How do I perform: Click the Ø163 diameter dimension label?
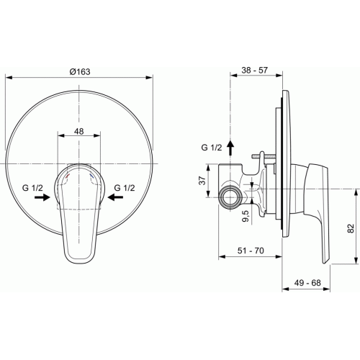80,71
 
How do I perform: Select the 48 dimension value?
78,131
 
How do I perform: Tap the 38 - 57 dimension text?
254,70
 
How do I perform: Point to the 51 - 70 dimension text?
251,251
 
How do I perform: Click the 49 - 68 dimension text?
307,283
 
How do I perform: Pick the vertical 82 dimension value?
351,228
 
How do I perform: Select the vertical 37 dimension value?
202,181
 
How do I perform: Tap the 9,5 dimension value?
246,216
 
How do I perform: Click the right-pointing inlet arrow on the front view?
42,197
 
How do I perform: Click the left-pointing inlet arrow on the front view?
115,197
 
